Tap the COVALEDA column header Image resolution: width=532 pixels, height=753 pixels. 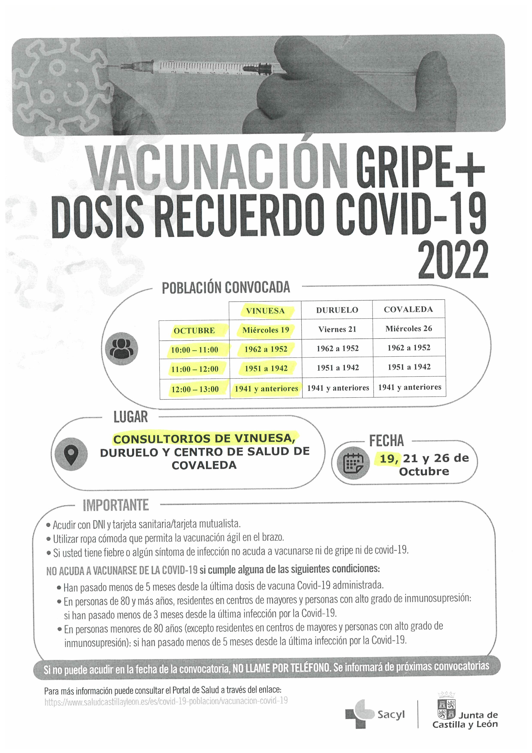(x=408, y=309)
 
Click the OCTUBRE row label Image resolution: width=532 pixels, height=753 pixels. (x=194, y=331)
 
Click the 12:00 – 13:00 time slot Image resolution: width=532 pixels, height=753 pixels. (x=195, y=389)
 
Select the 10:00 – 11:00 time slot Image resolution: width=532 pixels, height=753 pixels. (x=194, y=350)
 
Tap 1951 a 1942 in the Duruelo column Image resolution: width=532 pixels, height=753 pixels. (x=338, y=368)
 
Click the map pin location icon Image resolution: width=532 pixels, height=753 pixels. (x=71, y=454)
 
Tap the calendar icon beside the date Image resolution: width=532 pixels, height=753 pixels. (x=353, y=463)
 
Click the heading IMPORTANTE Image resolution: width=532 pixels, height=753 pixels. (x=116, y=505)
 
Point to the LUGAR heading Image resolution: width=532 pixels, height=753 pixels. (x=130, y=417)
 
